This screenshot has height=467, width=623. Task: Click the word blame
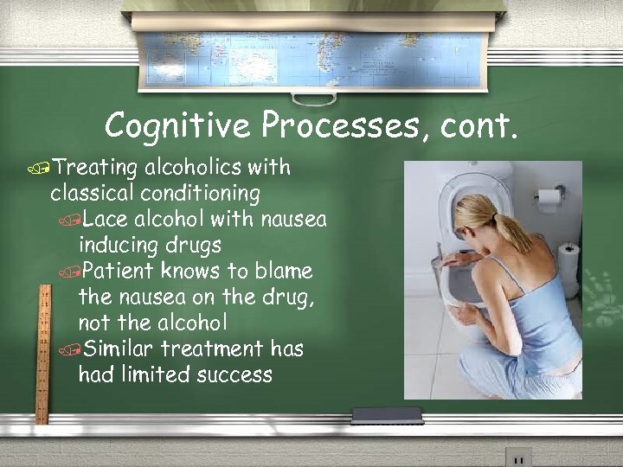(281, 271)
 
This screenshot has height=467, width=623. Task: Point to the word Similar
(117, 349)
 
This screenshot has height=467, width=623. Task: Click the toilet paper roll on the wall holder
(549, 199)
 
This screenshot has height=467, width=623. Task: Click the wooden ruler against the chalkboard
(41, 355)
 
